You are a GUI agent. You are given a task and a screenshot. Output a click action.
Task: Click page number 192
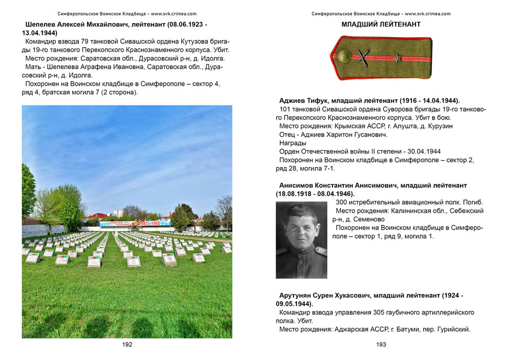point(127,344)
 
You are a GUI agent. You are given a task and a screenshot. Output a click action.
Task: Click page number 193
point(381,344)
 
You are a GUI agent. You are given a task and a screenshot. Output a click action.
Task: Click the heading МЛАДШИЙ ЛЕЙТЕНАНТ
point(381,25)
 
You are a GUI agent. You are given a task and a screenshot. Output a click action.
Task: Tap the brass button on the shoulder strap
point(344,56)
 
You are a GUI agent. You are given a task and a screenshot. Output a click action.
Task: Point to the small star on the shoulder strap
point(398,56)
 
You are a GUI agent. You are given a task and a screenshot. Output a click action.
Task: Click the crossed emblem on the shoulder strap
point(363,56)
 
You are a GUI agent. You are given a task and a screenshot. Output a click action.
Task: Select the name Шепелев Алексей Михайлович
point(79,25)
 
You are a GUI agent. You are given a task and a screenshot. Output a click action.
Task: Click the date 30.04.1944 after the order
point(421,152)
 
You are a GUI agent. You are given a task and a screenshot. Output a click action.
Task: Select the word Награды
point(293,143)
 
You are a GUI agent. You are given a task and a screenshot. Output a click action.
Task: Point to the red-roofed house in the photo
point(96,216)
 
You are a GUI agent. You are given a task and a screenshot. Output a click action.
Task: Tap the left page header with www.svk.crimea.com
point(127,13)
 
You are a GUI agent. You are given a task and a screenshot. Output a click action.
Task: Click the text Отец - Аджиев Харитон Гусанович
point(333,135)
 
